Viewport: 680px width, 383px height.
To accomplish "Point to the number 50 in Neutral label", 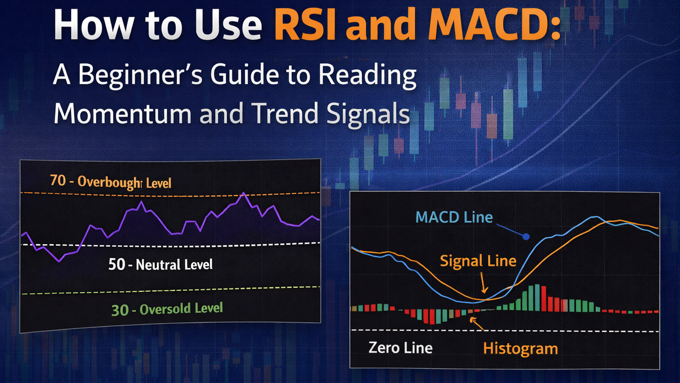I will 116,264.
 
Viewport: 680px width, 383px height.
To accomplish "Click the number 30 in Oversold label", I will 120,310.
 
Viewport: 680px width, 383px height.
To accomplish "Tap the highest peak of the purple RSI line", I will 243,194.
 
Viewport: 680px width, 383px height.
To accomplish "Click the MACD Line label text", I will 454,217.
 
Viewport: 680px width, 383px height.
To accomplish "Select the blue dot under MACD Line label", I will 526,237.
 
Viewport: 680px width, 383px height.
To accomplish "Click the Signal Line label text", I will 478,261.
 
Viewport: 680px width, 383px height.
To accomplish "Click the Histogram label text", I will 520,348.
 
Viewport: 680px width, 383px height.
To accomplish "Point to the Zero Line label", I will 400,348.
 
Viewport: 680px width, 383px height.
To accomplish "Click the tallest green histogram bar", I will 537,298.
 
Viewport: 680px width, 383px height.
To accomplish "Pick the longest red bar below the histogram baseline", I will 432,317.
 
